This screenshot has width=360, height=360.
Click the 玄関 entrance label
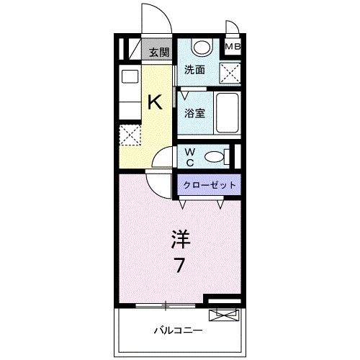pyautogui.click(x=159, y=52)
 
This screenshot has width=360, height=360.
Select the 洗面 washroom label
pyautogui.click(x=194, y=70)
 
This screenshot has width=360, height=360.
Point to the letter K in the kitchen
pyautogui.click(x=155, y=102)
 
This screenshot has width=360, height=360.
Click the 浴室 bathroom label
pyautogui.click(x=194, y=113)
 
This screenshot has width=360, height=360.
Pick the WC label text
pyautogui.click(x=189, y=156)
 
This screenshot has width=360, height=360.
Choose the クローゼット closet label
pyautogui.click(x=209, y=185)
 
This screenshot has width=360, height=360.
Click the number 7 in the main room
pyautogui.click(x=180, y=265)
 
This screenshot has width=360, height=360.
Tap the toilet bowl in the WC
pyautogui.click(x=215, y=156)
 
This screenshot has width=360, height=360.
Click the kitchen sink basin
pyautogui.click(x=130, y=77)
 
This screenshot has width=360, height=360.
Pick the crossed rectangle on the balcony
pyautogui.click(x=222, y=314)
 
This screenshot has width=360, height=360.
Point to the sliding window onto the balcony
pyautogui.click(x=166, y=305)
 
